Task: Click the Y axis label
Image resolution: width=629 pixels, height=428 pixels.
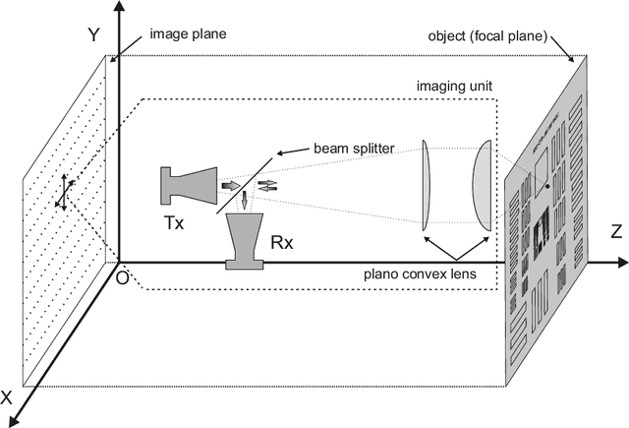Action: click(94, 35)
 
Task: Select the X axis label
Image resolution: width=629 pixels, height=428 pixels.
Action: click(9, 398)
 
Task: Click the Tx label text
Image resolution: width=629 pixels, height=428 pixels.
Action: click(173, 221)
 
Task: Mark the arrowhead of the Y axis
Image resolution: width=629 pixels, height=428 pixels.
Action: click(119, 8)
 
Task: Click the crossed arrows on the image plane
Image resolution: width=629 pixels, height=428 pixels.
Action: click(63, 189)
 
